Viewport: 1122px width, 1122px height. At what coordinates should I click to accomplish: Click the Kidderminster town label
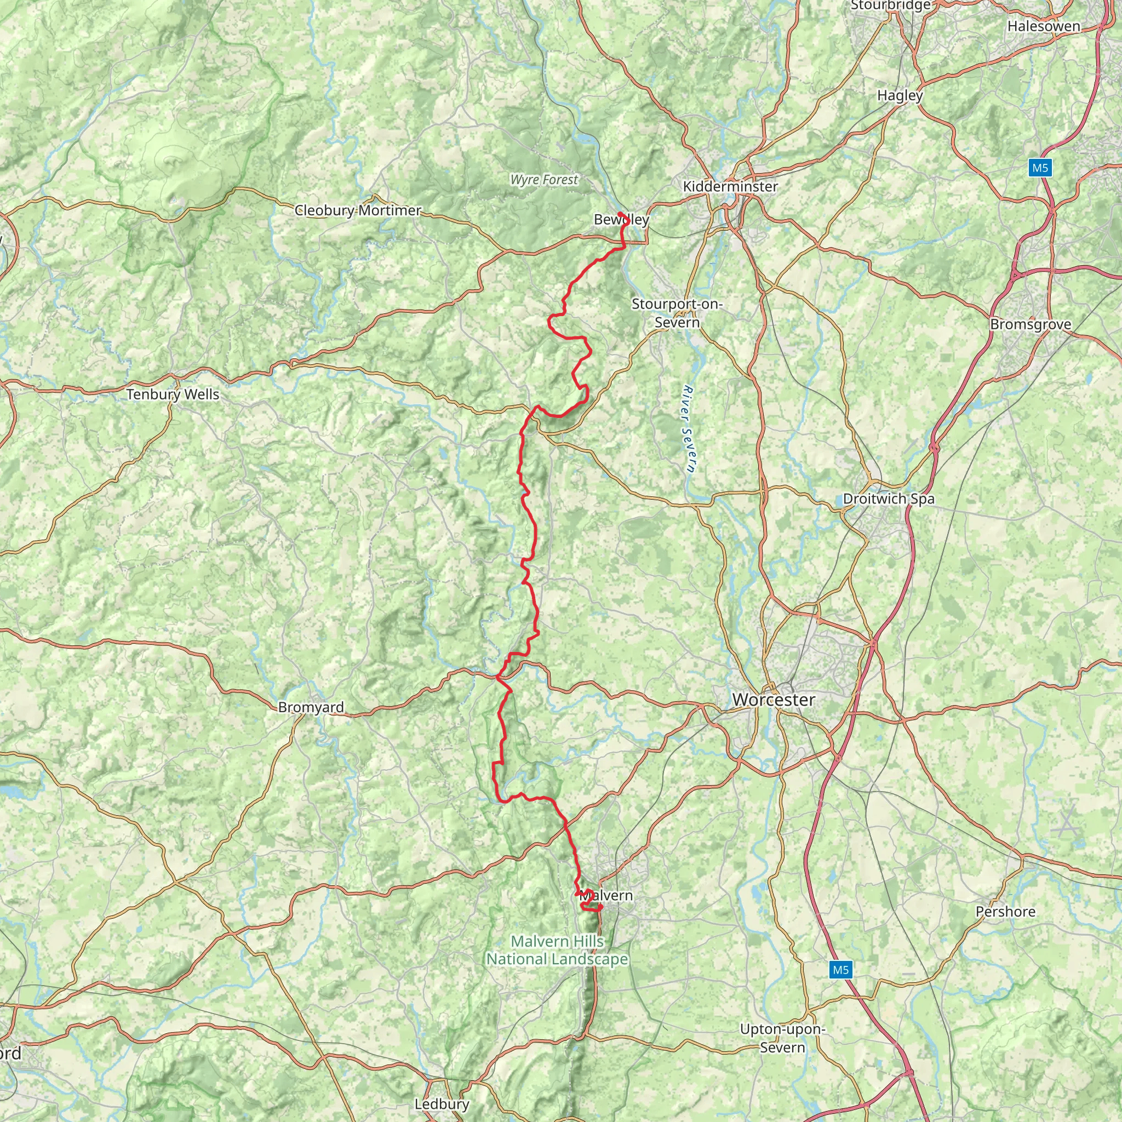coord(730,186)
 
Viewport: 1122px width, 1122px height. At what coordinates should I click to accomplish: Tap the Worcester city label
coord(774,699)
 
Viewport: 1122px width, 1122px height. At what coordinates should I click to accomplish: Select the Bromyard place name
coord(311,707)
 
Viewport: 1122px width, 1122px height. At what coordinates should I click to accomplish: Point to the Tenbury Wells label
coord(173,394)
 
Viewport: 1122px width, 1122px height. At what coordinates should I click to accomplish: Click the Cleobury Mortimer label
coord(358,210)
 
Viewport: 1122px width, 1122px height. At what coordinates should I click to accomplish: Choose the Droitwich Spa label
coord(889,499)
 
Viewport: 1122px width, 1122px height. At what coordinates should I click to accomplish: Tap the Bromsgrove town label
coord(1031,324)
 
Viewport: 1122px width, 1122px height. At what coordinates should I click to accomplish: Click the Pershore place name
coord(1005,911)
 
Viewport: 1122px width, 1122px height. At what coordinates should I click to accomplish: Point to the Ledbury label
coord(442,1103)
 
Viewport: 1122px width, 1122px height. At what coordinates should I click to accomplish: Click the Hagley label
coord(900,95)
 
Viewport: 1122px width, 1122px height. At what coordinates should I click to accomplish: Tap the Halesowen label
coord(1044,26)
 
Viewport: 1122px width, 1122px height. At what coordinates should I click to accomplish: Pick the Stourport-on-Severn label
coord(677,312)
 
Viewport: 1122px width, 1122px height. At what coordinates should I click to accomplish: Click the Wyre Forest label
coord(544,180)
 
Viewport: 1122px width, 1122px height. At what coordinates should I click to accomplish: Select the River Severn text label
coord(689,430)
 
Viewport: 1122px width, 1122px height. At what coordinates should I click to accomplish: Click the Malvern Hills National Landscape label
coord(558,950)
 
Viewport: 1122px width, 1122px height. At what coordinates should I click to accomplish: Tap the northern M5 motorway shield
coord(1040,168)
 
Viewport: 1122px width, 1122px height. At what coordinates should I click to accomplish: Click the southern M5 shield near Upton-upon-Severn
coord(840,969)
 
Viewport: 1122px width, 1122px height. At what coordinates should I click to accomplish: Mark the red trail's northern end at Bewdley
coord(620,214)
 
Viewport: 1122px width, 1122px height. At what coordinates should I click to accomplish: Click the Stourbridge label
coord(890,5)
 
